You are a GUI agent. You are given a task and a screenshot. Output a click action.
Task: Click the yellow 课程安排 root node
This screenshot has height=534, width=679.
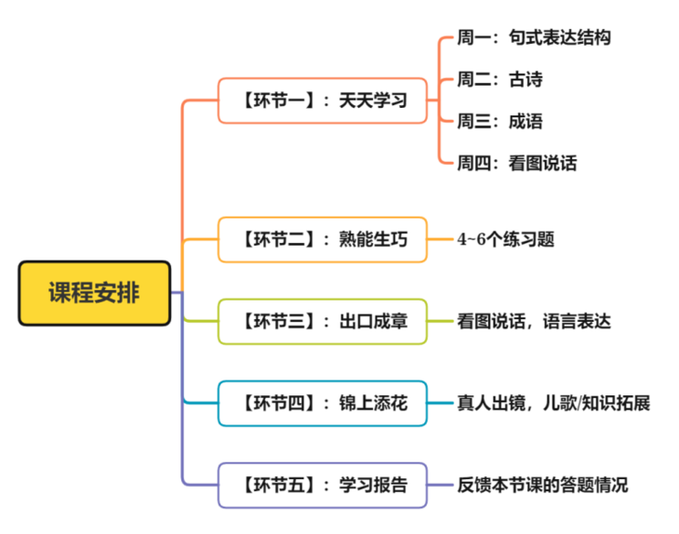tap(95, 293)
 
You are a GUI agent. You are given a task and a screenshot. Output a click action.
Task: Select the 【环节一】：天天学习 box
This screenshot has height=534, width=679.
tap(323, 100)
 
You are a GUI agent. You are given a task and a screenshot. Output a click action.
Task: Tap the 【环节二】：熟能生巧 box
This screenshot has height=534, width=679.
tap(323, 239)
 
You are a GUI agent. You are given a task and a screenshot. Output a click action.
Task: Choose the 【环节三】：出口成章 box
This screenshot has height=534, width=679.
tap(323, 322)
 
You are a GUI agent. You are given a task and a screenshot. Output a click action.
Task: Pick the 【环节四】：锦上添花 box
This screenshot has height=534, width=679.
tap(323, 404)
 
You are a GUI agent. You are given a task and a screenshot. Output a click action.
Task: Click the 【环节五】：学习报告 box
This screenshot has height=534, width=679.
tap(323, 485)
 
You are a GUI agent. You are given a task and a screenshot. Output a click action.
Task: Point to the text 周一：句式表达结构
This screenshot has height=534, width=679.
tap(534, 38)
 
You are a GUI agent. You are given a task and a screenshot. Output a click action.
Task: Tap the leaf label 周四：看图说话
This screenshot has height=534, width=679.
tap(516, 164)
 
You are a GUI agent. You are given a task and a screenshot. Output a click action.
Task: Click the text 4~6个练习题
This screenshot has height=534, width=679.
tap(505, 239)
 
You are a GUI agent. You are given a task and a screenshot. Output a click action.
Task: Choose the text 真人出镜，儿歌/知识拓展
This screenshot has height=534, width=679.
tap(553, 404)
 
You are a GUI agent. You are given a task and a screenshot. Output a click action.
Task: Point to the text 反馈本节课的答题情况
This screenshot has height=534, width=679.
tap(542, 485)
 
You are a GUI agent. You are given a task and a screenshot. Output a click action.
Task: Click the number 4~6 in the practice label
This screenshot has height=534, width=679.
tap(472, 239)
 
